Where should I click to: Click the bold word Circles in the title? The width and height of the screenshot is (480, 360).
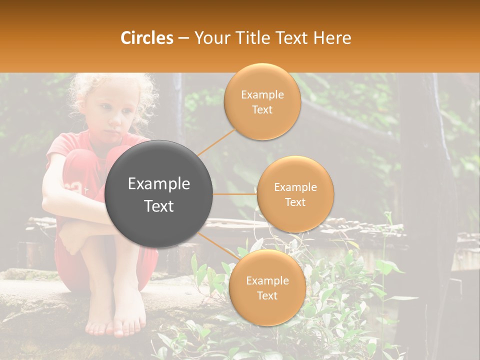tap(147, 38)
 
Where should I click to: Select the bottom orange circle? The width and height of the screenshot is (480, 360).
tap(267, 310)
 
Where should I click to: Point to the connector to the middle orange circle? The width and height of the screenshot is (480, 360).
tap(234, 194)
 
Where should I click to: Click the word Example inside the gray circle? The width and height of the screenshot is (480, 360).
tap(159, 184)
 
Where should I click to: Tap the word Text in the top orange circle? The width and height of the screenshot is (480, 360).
tap(262, 110)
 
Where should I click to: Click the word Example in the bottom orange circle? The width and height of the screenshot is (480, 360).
tap(267, 281)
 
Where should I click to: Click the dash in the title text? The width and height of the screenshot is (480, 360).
tap(183, 38)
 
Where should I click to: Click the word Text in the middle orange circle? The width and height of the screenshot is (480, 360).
tap(295, 202)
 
